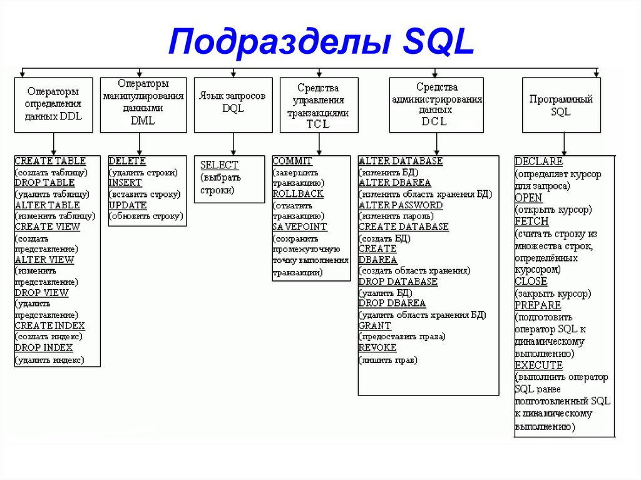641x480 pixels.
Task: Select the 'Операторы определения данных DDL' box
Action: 54,105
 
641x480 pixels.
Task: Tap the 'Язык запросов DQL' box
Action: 233,105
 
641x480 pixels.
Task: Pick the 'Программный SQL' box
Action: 561,105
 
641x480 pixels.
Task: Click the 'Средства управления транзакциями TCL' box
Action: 318,105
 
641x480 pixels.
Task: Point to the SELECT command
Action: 219,165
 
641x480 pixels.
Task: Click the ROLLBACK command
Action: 298,194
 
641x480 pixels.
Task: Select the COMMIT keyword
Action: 292,161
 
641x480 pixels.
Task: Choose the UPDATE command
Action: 128,205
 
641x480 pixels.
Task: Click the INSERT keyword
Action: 125,183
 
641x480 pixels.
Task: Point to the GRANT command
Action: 374,325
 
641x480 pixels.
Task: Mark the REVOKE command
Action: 377,347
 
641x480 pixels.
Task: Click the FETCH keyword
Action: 531,222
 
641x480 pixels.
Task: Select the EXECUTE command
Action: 538,365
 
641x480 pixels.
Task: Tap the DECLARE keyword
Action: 538,161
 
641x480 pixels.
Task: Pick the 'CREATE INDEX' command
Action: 49,325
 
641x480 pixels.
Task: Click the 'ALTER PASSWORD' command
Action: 400,205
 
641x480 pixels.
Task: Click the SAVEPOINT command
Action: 300,227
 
